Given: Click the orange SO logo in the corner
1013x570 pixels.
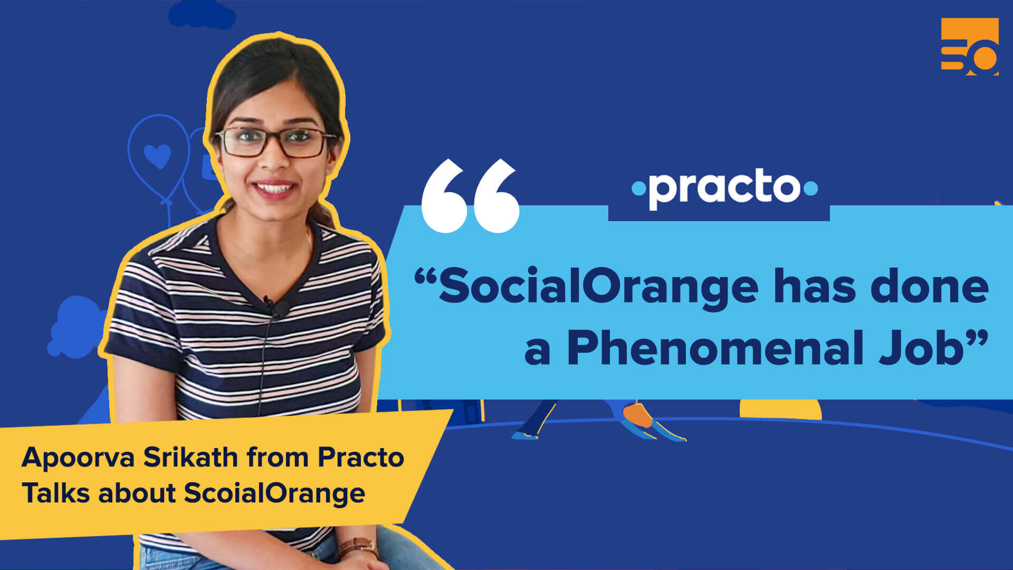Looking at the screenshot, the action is pos(970,46).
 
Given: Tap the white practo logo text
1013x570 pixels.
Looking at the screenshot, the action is pos(724,189).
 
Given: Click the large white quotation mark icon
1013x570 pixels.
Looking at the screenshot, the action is pos(470,196).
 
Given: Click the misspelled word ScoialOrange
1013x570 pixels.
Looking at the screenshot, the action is pos(274,493).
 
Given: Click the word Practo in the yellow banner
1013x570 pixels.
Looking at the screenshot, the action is pos(360,457).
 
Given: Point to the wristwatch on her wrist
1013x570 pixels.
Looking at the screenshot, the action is pos(357,547).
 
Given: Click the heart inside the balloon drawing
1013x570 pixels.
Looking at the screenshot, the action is pos(157,155).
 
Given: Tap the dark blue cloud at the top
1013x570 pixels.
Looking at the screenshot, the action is pos(202,14).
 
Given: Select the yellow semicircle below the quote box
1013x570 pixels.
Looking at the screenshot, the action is pos(780,410).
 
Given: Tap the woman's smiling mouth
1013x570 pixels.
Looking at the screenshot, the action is pos(275,187).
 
